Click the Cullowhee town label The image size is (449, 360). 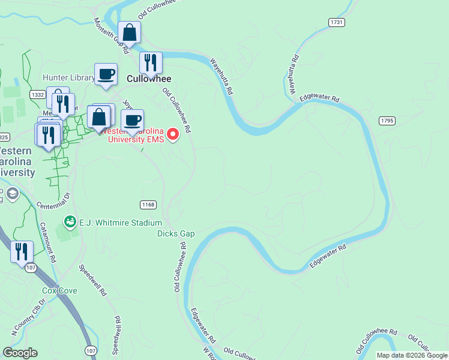149,79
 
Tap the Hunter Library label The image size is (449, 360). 68,78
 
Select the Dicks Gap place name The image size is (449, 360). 176,233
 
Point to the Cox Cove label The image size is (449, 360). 59,290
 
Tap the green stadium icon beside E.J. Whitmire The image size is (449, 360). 70,223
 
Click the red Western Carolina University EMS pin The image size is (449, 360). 173,133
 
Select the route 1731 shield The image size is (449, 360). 336,22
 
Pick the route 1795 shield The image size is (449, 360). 387,121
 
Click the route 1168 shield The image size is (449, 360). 148,205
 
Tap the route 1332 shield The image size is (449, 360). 37,94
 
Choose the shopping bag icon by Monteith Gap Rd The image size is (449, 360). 129,33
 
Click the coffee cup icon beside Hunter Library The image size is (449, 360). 106,74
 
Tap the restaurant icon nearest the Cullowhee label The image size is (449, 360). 151,62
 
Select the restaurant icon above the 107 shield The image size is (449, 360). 22,251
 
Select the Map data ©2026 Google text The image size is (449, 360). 412,355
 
